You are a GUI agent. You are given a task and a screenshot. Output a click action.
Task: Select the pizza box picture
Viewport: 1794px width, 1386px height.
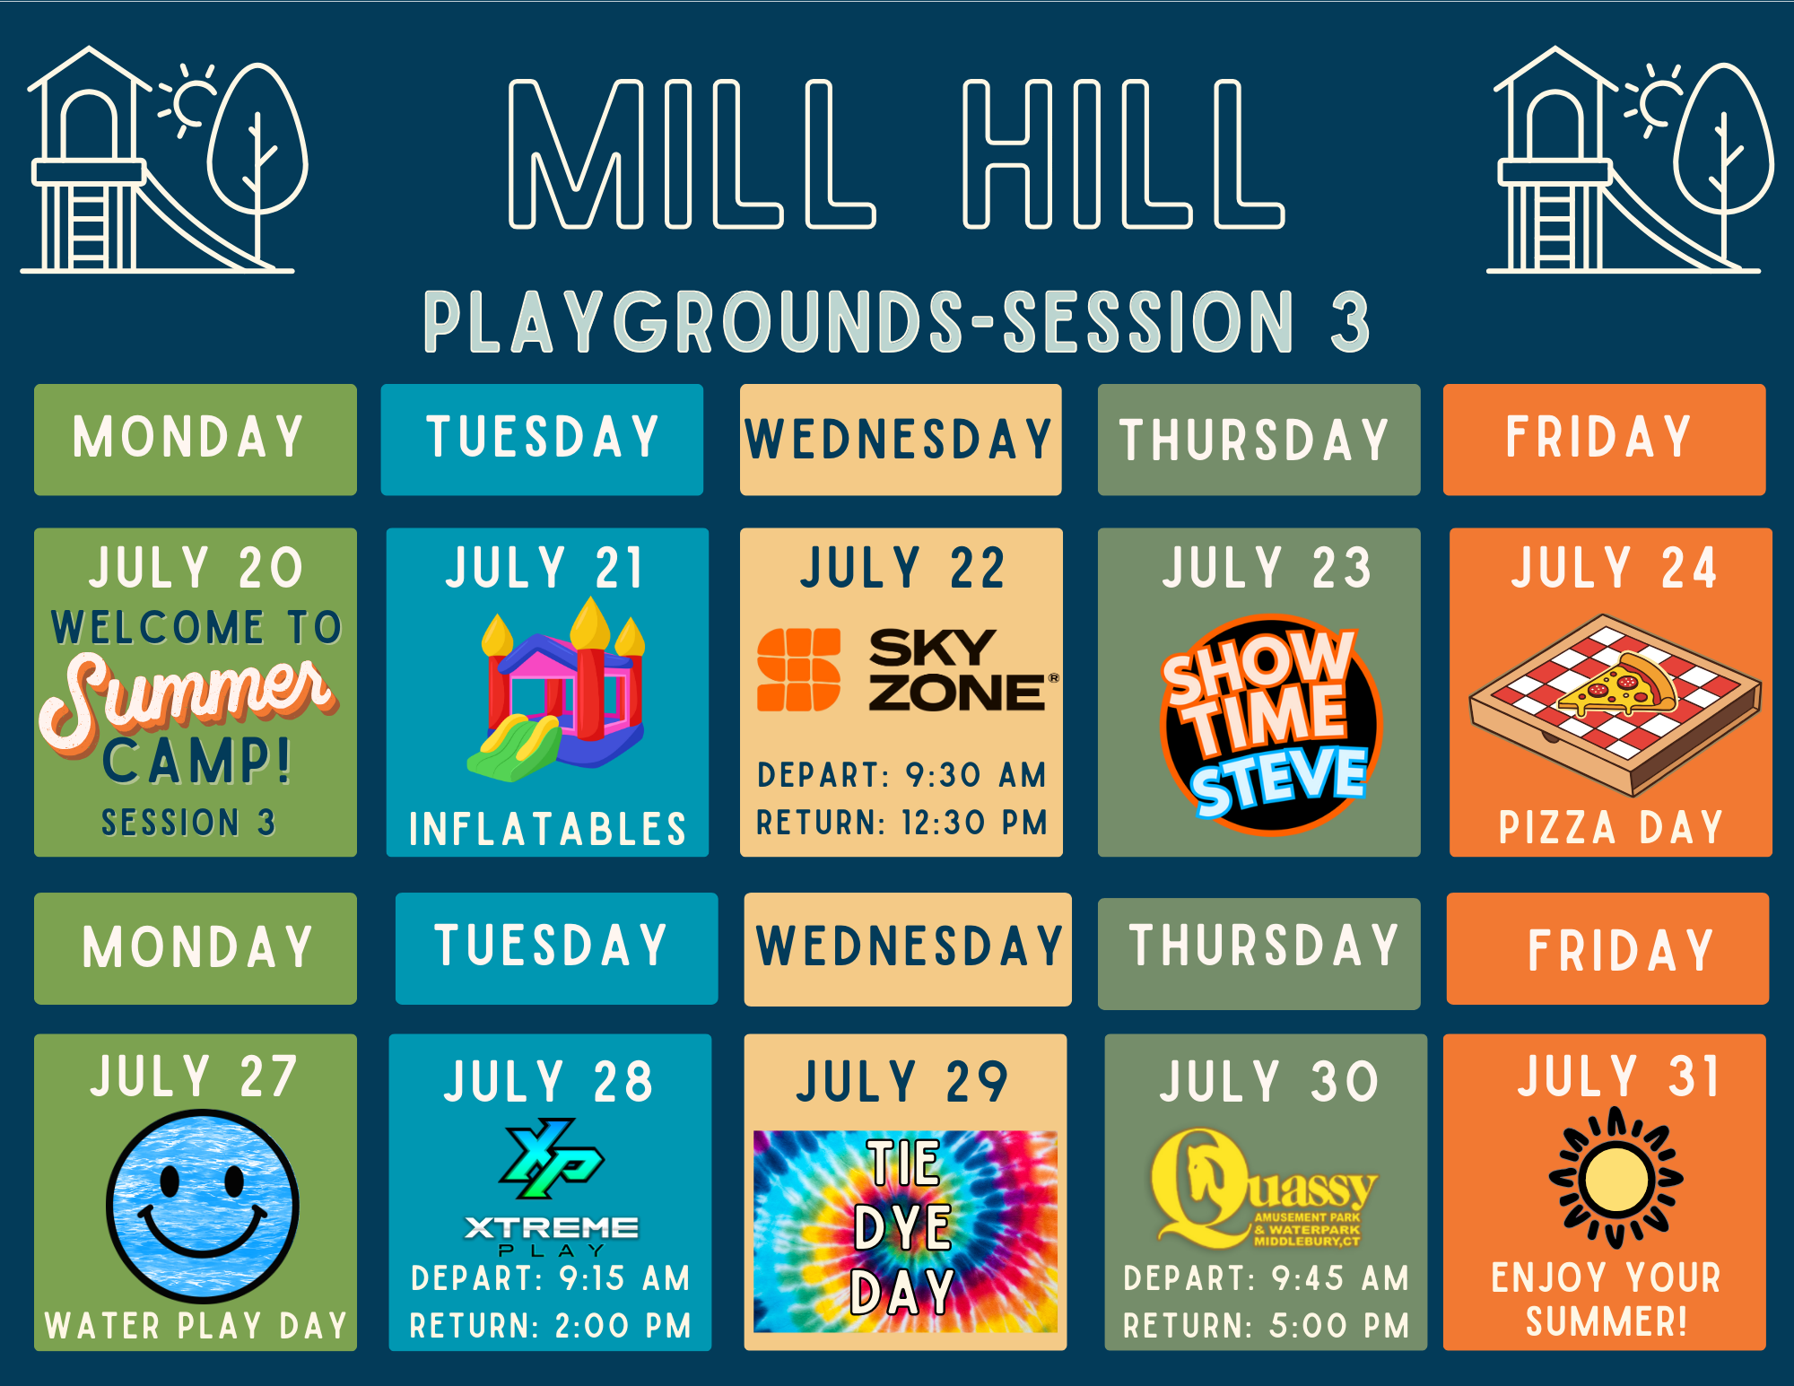1615,705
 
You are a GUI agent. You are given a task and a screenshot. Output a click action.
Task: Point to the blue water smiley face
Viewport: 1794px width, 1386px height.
203,1206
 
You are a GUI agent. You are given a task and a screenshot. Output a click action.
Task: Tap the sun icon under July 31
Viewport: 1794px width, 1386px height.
1615,1178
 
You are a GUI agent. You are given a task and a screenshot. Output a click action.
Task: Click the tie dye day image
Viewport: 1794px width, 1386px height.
905,1231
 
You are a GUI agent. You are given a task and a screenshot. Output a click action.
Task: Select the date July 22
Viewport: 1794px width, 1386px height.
902,568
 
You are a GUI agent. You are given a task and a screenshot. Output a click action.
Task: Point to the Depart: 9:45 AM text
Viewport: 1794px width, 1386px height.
1266,1278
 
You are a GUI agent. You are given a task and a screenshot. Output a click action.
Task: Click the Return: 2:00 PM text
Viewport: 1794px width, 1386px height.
551,1326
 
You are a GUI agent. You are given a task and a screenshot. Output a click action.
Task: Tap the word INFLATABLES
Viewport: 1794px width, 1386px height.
547,829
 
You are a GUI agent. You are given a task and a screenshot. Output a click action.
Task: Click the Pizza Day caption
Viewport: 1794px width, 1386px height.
1611,827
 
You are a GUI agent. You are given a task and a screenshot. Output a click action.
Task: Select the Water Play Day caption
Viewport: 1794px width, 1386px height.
196,1326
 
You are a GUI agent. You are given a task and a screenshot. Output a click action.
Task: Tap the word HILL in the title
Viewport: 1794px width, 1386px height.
1123,153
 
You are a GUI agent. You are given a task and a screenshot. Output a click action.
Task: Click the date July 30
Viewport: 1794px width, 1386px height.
1268,1081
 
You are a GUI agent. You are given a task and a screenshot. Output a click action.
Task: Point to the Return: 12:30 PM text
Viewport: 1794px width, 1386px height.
901,823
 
